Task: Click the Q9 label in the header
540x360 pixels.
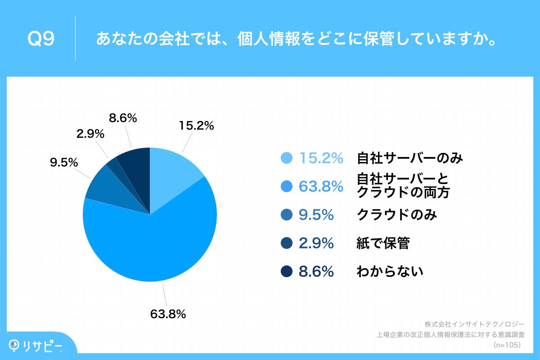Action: click(41, 39)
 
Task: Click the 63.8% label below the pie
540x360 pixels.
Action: click(168, 314)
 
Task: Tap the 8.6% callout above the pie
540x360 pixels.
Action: click(123, 118)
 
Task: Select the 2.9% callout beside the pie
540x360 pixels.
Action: click(90, 134)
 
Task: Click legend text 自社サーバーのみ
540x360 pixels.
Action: click(409, 158)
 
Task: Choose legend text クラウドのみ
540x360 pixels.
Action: click(396, 215)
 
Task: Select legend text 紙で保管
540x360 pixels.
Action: click(383, 243)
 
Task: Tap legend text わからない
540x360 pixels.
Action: click(390, 272)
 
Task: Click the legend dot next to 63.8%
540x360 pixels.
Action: click(287, 186)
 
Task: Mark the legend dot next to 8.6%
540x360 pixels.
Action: click(287, 272)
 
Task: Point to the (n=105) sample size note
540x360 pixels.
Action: click(507, 345)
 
